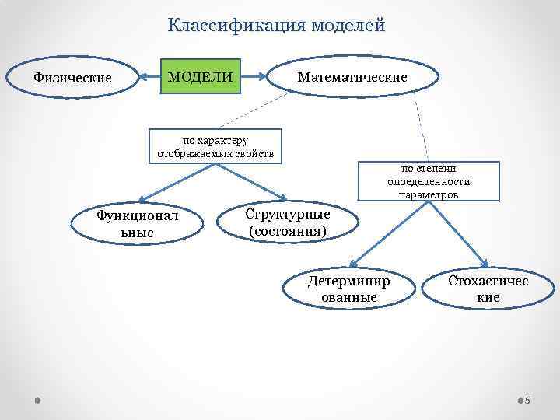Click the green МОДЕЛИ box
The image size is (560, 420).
pos(199,77)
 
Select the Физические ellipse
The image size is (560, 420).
pos(72,78)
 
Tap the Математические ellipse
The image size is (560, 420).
pos(352,78)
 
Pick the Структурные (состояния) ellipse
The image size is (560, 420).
pos(287,222)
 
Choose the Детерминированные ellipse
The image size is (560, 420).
pos(349,289)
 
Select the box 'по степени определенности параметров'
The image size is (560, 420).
pos(429,180)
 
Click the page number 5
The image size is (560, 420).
pos(527,401)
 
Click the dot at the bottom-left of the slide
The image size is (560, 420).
pos(37,400)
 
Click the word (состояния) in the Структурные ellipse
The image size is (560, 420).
pos(287,231)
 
